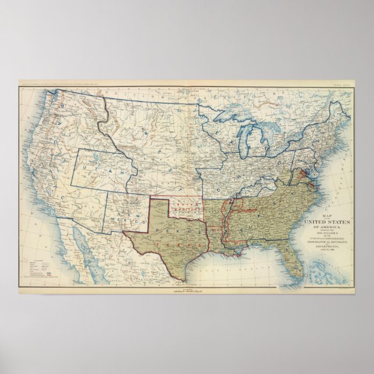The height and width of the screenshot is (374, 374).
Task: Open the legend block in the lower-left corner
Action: point(35,267)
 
